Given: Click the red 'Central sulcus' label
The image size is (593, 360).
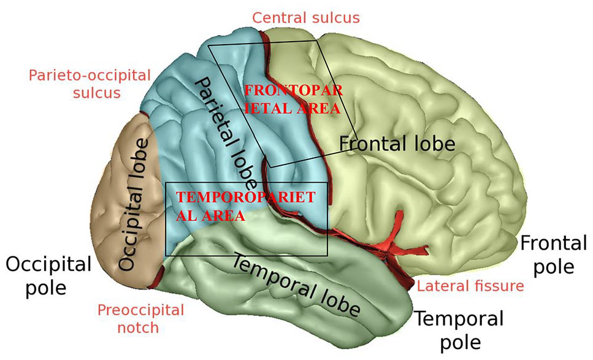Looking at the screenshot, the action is [306, 17].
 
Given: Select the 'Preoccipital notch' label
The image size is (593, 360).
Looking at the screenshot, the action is [140, 319].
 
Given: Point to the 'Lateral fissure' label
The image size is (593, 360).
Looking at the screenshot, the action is [470, 286].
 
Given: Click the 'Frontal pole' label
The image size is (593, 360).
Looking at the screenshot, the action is [554, 255].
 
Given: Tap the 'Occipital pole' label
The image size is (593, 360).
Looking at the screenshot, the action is [48, 275].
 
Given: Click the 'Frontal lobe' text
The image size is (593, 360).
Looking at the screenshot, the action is [397, 144].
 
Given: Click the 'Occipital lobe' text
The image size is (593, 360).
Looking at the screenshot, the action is [134, 205].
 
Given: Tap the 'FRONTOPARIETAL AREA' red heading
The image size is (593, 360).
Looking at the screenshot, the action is [294, 99].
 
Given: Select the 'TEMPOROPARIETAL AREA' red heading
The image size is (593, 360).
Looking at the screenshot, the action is [245, 206].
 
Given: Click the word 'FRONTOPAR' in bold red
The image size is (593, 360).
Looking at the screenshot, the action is [294, 91].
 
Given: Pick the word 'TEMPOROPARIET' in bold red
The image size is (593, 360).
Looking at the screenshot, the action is [245, 197].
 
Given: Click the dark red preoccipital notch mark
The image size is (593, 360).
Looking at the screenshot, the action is [158, 277].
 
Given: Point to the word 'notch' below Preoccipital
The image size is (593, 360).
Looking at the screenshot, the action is [138, 327].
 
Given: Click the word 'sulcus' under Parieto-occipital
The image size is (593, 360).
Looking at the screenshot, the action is [97, 92].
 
